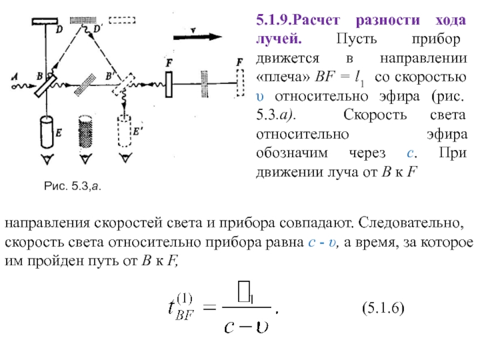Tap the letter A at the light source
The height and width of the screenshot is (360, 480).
pos(13,75)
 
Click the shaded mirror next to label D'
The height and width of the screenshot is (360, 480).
pos(83,20)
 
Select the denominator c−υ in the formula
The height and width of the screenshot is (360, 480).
pos(247,328)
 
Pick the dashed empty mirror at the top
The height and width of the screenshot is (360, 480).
pos(122,20)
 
